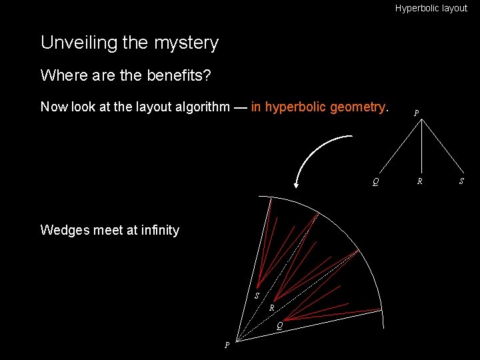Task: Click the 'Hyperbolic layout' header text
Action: pyautogui.click(x=431, y=9)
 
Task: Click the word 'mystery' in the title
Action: pyautogui.click(x=186, y=43)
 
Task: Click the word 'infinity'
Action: pyautogui.click(x=157, y=230)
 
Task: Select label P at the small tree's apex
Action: pyautogui.click(x=417, y=113)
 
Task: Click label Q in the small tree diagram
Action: pyautogui.click(x=376, y=181)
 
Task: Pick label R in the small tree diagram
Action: pyautogui.click(x=419, y=181)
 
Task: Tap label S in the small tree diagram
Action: pyautogui.click(x=463, y=181)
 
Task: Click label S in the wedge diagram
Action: pyautogui.click(x=257, y=295)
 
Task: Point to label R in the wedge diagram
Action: pyautogui.click(x=272, y=308)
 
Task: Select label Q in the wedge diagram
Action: pyautogui.click(x=281, y=325)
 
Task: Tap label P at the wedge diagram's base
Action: pyautogui.click(x=227, y=345)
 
